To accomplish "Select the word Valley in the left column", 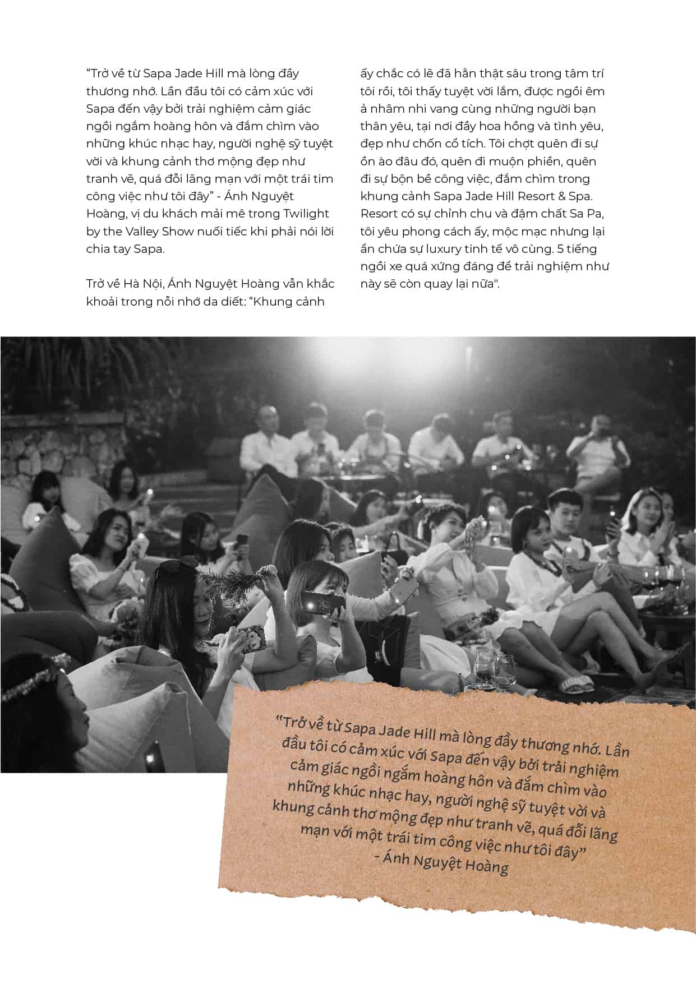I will pos(140,232).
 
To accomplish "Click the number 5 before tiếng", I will pos(561,249).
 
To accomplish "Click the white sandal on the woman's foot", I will pos(574,682).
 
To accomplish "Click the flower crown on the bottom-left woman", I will pos(34,680).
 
